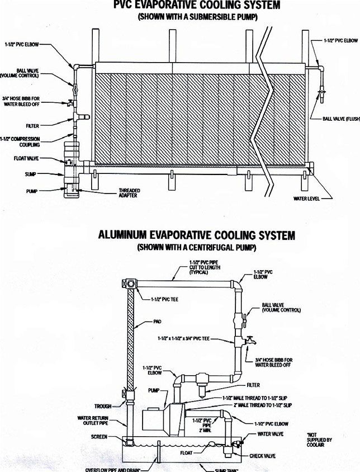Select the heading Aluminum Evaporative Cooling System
coord(197,235)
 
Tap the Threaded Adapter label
coord(129,192)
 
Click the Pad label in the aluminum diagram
coord(157,322)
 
